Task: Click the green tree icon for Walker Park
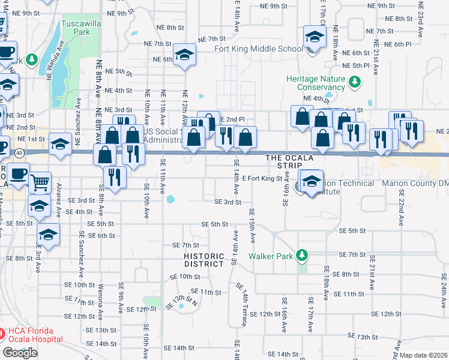pos(303,256)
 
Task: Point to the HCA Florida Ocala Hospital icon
pos(3,332)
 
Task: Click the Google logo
pos(20,353)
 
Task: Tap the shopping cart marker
pos(40,181)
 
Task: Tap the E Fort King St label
pos(262,178)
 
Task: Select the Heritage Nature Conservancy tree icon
pos(355,81)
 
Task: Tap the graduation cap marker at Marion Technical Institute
pos(312,181)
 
